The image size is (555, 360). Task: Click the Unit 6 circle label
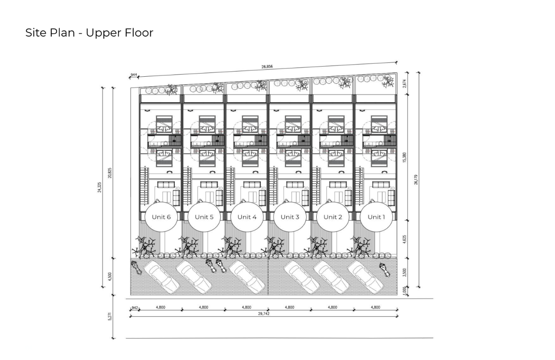pyautogui.click(x=161, y=217)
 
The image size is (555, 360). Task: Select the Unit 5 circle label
pyautogui.click(x=204, y=217)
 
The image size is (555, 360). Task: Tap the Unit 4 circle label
pyautogui.click(x=247, y=217)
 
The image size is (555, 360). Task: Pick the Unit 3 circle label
pyautogui.click(x=290, y=217)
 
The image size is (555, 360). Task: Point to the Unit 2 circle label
pyautogui.click(x=333, y=217)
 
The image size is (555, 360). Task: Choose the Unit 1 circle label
pyautogui.click(x=376, y=217)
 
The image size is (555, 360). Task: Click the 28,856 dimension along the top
pyautogui.click(x=267, y=66)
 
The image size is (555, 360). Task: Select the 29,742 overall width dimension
pyautogui.click(x=264, y=314)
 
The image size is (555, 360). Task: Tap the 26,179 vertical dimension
pyautogui.click(x=416, y=180)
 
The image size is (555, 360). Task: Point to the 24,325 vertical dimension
pyautogui.click(x=100, y=187)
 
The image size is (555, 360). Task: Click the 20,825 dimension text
pyautogui.click(x=110, y=173)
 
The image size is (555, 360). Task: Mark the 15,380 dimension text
pyautogui.click(x=404, y=157)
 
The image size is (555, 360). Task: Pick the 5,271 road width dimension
pyautogui.click(x=110, y=316)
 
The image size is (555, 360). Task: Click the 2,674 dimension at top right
pyautogui.click(x=404, y=83)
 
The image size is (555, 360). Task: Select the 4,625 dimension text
pyautogui.click(x=404, y=240)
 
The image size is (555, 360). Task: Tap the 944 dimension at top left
pyautogui.click(x=134, y=75)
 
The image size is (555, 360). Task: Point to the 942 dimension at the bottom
pyautogui.click(x=135, y=308)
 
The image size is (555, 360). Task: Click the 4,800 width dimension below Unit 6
pyautogui.click(x=161, y=307)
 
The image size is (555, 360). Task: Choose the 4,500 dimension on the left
pyautogui.click(x=110, y=276)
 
